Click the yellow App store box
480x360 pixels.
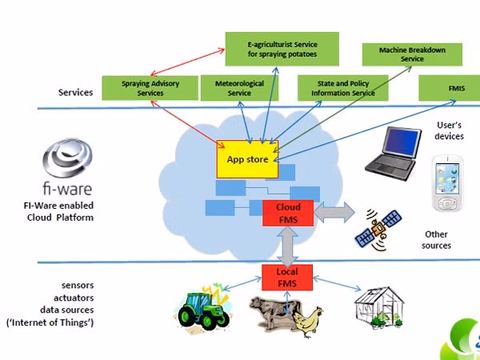(247, 159)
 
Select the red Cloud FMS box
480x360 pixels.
(288, 214)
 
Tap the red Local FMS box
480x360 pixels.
(287, 278)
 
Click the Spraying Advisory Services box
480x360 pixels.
(150, 88)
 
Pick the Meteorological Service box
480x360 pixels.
(239, 88)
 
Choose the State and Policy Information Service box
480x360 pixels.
(343, 88)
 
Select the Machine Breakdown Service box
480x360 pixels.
(412, 54)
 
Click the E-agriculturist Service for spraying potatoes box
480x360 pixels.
(282, 49)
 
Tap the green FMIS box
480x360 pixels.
(449, 88)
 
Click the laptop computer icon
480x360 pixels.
(394, 153)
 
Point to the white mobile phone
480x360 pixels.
(447, 183)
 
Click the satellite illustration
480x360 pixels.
(378, 229)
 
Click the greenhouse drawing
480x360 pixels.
(379, 308)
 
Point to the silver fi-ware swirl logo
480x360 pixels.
(67, 158)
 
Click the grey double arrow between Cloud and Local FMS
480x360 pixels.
(287, 246)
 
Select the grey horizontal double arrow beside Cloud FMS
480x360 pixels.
(334, 212)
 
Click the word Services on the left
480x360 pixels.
(75, 92)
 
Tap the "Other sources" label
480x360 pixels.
(436, 240)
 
